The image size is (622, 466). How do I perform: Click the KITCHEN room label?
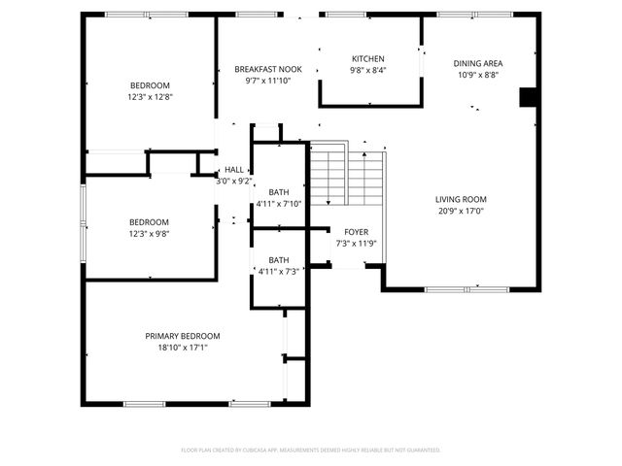tap(368, 59)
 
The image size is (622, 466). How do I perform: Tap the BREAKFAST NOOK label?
tap(268, 70)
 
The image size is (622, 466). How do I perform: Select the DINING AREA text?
tap(478, 63)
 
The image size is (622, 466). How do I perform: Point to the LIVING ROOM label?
tap(460, 199)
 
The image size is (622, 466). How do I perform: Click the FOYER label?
tap(356, 231)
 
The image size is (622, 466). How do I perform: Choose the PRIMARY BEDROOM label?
tap(183, 335)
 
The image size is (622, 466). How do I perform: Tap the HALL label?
tap(234, 170)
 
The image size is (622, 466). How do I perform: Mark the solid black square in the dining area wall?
tap(529, 97)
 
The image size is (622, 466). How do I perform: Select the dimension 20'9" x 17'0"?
tap(460, 211)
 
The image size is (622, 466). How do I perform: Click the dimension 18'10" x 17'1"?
tap(183, 347)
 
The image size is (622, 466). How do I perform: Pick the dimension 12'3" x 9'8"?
tap(150, 233)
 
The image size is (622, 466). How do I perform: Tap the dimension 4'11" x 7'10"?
tap(279, 204)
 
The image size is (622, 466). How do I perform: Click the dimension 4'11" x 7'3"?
tap(279, 272)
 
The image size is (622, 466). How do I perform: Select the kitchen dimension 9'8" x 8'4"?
tap(368, 71)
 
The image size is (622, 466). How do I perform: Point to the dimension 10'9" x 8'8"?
tap(478, 75)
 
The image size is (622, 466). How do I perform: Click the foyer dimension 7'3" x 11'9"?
tap(356, 243)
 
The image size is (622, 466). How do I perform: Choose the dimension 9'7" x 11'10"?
tap(268, 82)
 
